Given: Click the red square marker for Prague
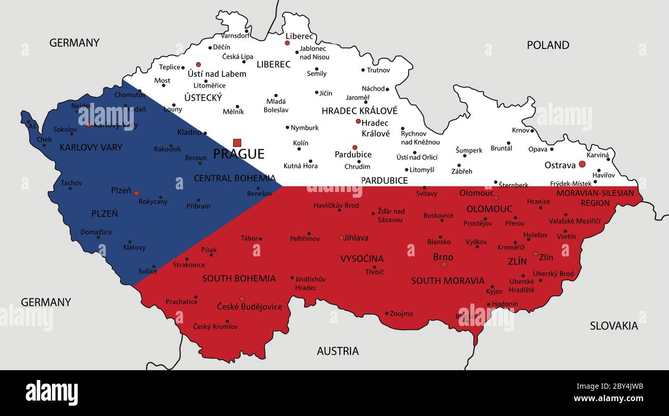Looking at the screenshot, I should point(237,143).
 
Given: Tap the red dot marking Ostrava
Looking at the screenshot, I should point(582,164).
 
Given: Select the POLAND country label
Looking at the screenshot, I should point(548,45).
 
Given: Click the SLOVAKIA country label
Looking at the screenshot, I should point(613,326).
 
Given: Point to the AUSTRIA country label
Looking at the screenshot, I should point(338,351).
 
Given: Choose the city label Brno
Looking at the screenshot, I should point(443,257).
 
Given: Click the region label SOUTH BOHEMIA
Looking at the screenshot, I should point(239,279).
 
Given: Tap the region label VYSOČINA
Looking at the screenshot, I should point(362,258).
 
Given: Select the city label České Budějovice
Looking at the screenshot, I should point(249,307).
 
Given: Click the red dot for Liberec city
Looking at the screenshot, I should point(287,43).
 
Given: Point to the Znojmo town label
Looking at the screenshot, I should point(401,314).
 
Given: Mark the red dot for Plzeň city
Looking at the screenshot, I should point(136,193).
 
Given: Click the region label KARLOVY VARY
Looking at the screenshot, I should point(91,148).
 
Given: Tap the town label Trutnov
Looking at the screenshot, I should point(378,70).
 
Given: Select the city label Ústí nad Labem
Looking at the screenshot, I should point(217,74).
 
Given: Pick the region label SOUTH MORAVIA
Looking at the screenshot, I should point(448,281).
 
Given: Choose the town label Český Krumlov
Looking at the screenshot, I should point(215,326).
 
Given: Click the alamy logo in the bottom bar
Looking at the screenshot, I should point(51,393).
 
